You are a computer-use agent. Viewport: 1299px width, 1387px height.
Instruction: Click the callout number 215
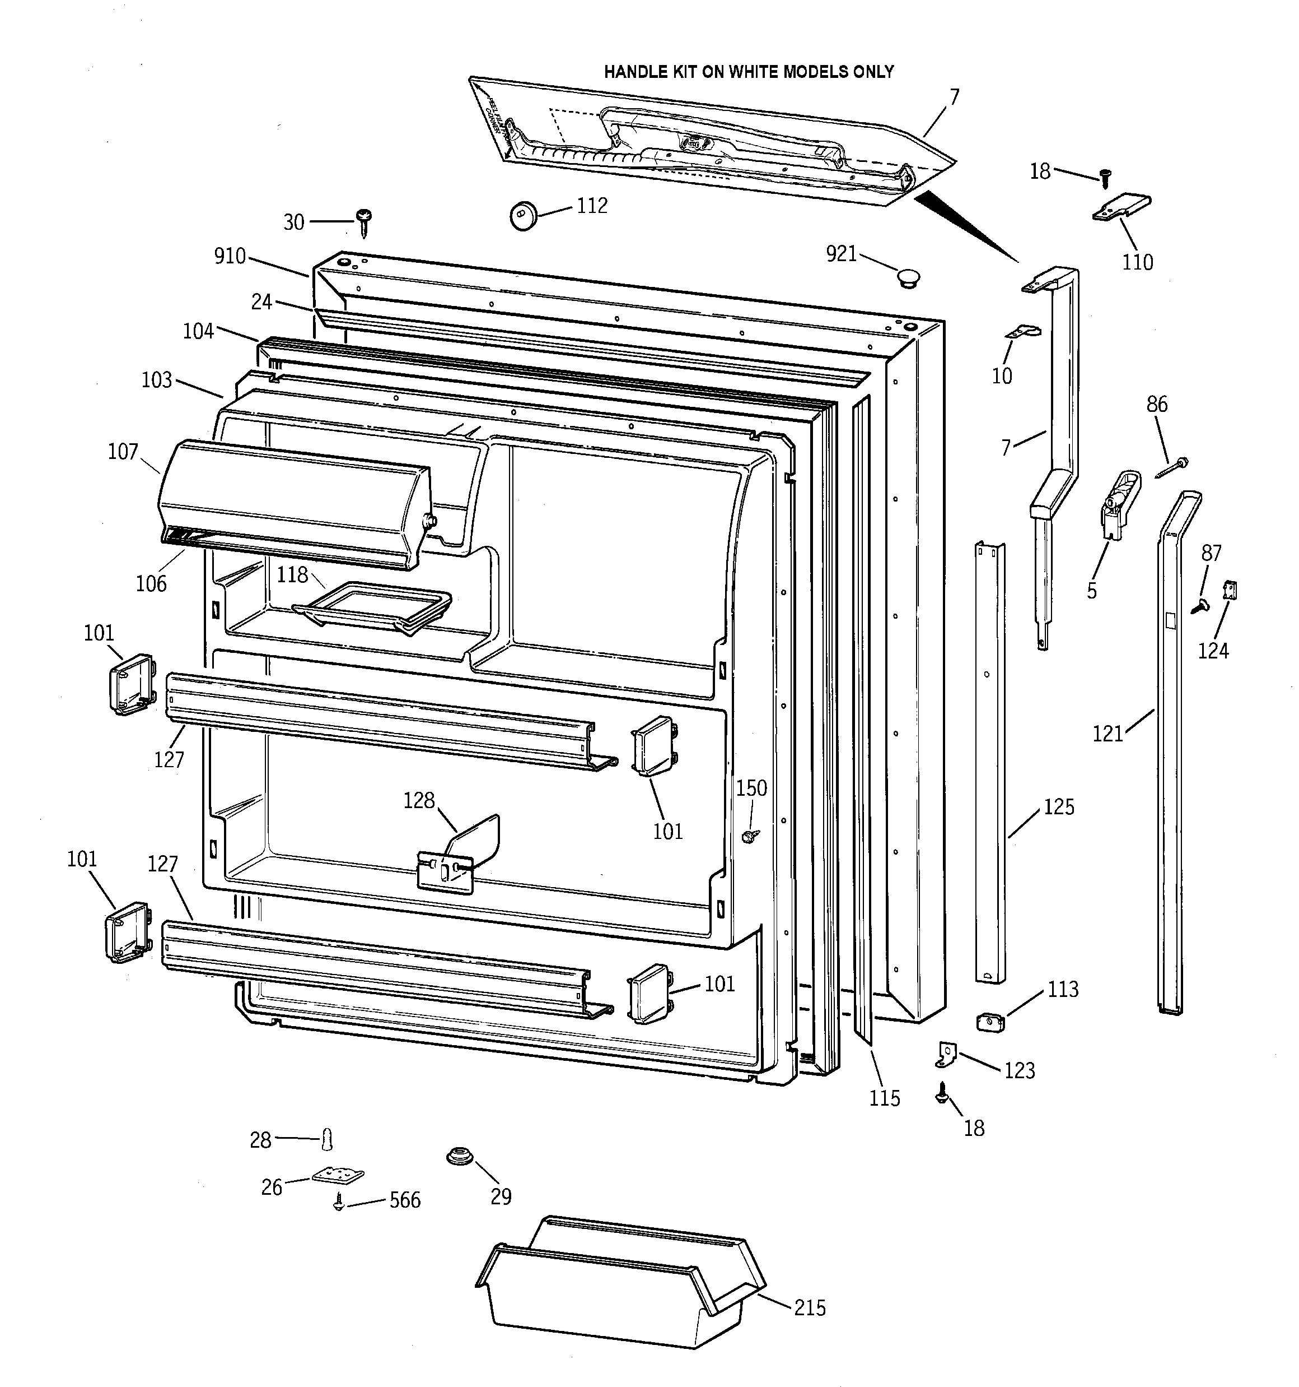click(x=810, y=1307)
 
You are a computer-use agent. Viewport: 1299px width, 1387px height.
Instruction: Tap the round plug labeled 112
click(x=523, y=214)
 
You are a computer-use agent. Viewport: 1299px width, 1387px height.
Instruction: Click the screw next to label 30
click(x=363, y=221)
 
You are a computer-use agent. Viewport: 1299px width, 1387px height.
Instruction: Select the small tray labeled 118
click(x=373, y=607)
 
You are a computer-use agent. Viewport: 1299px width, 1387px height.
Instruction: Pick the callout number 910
click(x=230, y=256)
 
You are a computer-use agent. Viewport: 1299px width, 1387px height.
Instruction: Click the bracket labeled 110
click(x=1121, y=208)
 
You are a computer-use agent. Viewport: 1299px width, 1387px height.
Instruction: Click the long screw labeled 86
click(x=1171, y=467)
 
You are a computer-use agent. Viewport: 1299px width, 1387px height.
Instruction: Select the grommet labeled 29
click(x=460, y=1156)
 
